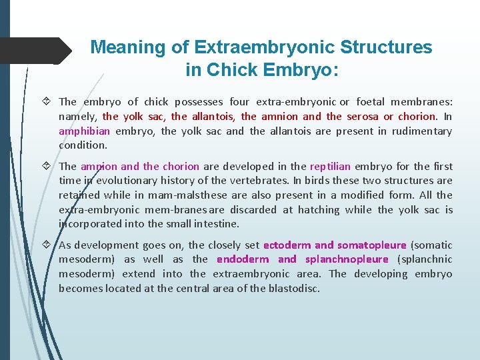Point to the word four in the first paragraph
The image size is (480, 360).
pos(239,102)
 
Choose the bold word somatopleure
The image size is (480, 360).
pos(371,245)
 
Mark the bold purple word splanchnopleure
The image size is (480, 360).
pos(347,259)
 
